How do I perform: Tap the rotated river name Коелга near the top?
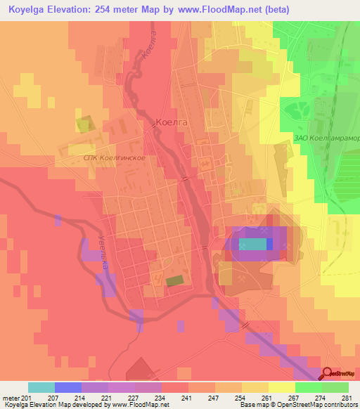coord(148,51)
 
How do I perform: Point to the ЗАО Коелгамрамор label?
coord(327,138)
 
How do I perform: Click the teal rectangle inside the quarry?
coord(252,244)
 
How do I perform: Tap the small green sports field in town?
coord(174,280)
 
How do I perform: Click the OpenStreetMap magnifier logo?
coord(330,373)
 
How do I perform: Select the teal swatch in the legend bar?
coord(41,387)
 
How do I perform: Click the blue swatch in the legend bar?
coord(68,387)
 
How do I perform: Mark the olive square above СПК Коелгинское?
coord(83,125)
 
